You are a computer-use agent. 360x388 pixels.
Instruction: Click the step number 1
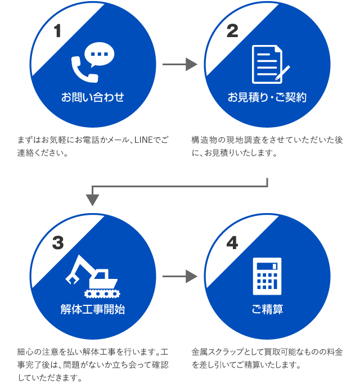coord(57,31)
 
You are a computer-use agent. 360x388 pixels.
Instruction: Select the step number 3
coord(57,243)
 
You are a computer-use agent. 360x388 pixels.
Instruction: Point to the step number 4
coord(232,243)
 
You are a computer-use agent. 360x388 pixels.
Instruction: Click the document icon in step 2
coord(268,64)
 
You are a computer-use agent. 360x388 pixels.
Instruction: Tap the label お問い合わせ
coord(93,97)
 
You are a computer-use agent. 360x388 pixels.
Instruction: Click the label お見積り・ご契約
coord(267,97)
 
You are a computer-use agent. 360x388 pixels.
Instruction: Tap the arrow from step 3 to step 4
coord(179,276)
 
